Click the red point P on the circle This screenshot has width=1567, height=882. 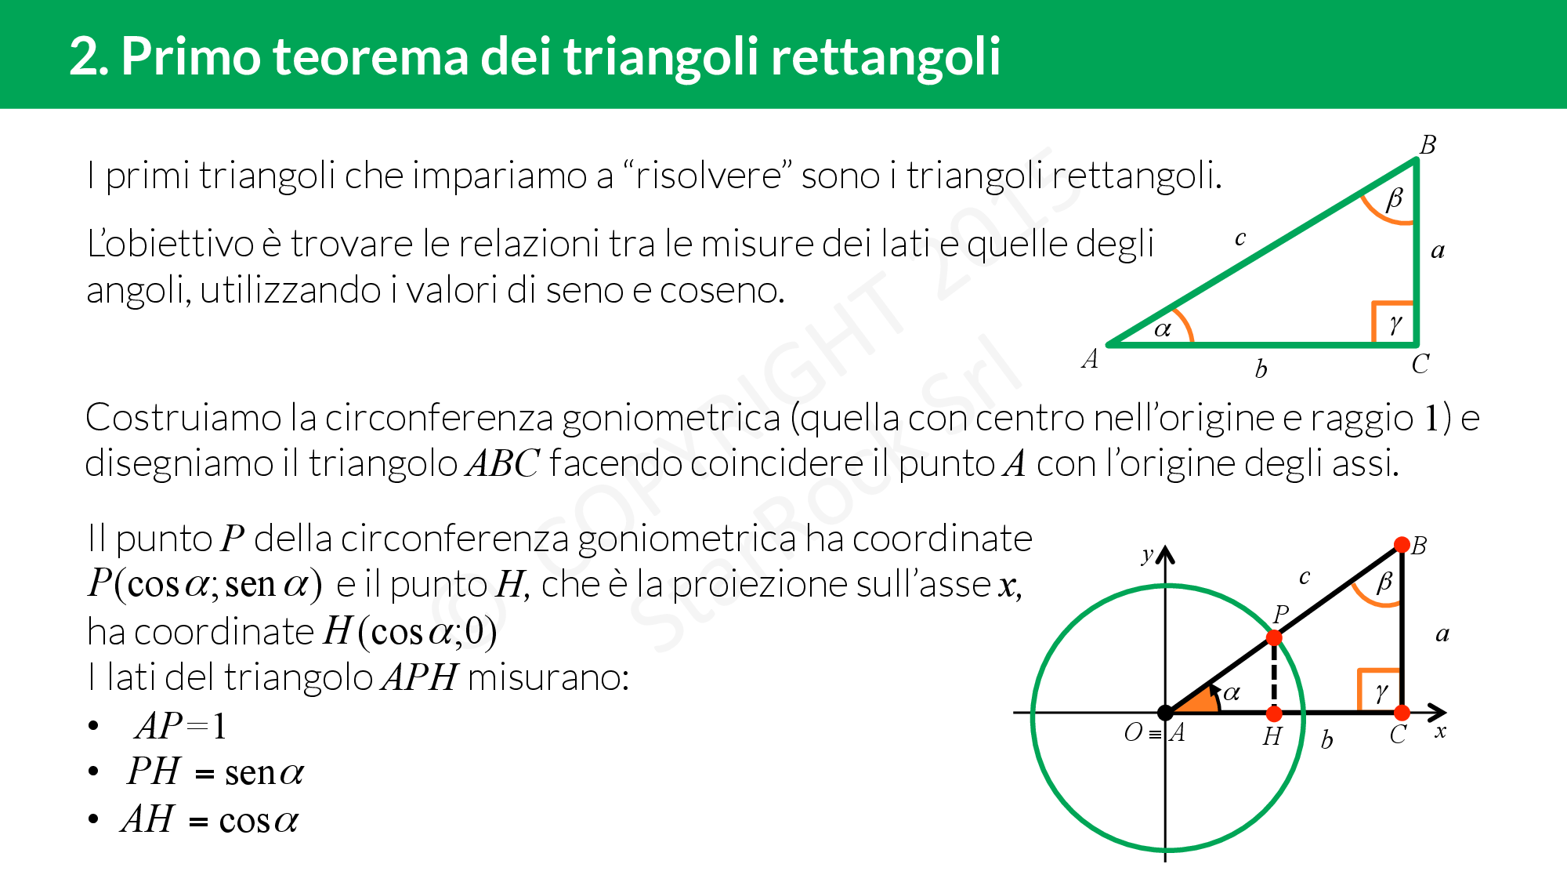tap(1274, 638)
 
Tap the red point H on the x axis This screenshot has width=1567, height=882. tap(1274, 713)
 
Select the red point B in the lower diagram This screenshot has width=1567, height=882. tap(1402, 545)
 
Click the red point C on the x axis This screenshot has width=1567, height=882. tap(1402, 713)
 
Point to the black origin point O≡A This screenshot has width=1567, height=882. tap(1166, 713)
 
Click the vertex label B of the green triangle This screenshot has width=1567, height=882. tap(1428, 145)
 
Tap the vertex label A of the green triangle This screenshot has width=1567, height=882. tap(1090, 359)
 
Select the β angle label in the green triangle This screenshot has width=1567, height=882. tap(1394, 199)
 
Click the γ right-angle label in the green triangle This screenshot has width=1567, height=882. tap(1395, 324)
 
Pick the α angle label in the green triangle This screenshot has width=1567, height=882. tap(1163, 329)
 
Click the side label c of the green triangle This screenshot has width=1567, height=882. tap(1239, 238)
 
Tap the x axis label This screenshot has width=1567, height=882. tap(1440, 731)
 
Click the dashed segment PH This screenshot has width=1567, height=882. tap(1274, 676)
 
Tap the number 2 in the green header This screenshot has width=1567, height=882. tap(84, 56)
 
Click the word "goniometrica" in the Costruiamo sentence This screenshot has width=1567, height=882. tap(671, 418)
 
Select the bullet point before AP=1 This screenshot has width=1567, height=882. tap(94, 726)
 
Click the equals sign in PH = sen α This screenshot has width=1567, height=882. tap(204, 775)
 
